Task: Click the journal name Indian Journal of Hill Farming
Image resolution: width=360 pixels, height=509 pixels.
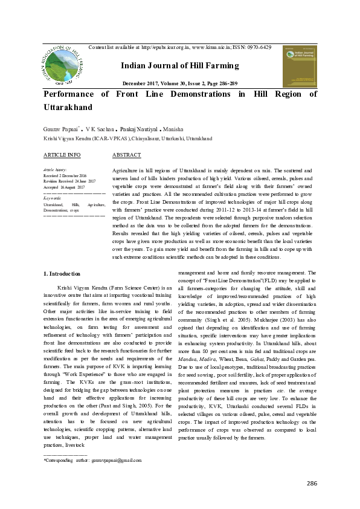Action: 180,66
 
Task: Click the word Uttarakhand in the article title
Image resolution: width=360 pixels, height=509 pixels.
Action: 67,106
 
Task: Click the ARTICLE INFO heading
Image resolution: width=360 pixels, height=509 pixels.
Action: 62,155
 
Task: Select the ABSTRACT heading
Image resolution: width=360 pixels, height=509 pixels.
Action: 127,155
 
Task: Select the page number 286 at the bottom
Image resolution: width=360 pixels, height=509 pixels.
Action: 312,483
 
